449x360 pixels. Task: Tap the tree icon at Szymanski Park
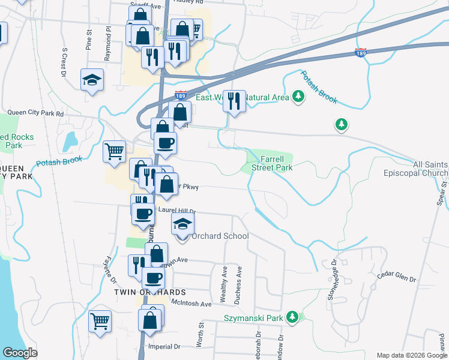292,316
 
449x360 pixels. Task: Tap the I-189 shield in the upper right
360,54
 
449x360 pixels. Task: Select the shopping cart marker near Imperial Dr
100,320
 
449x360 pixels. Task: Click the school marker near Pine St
92,80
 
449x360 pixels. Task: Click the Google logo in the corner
20,353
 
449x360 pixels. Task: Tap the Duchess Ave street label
238,280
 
